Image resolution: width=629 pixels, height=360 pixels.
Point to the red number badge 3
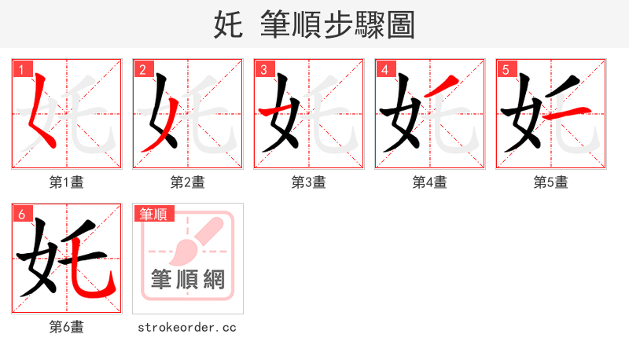click(263, 70)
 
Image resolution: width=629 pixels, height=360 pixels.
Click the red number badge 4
click(384, 70)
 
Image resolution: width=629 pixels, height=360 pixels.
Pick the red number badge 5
click(506, 70)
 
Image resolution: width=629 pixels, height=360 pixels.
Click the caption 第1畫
click(67, 182)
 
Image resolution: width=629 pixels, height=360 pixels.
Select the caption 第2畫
click(188, 182)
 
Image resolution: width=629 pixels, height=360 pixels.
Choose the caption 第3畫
click(309, 182)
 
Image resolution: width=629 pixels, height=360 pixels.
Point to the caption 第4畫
click(430, 182)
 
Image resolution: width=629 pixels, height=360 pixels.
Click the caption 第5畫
click(551, 182)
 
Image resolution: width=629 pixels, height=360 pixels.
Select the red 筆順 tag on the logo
click(154, 214)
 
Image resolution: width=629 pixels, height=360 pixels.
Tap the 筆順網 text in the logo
click(188, 279)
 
